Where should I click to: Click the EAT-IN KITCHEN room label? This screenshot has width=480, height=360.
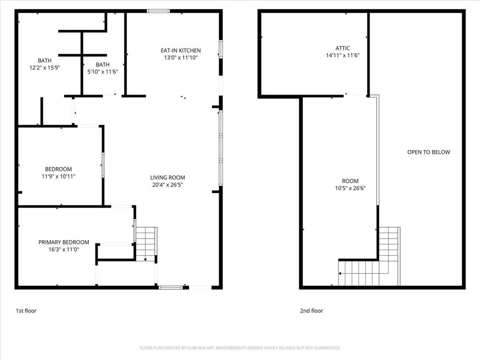click(x=180, y=51)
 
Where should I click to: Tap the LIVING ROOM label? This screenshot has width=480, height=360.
click(x=167, y=178)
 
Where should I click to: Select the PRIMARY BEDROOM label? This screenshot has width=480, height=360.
click(x=64, y=242)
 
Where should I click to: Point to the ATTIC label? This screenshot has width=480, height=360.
click(x=343, y=48)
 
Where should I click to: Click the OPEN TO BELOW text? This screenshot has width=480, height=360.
click(x=428, y=152)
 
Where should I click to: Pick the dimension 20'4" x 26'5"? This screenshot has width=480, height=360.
click(x=167, y=185)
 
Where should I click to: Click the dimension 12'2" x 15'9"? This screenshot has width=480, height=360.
click(x=45, y=67)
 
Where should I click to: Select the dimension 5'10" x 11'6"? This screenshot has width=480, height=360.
click(x=103, y=72)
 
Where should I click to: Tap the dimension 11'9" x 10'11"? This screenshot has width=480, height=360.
click(x=59, y=176)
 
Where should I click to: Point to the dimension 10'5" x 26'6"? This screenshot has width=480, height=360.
click(x=350, y=188)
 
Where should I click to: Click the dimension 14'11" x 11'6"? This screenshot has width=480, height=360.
click(x=343, y=55)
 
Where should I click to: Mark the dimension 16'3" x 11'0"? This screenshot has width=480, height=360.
click(x=64, y=249)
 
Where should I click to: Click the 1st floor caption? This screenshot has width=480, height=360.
click(x=26, y=311)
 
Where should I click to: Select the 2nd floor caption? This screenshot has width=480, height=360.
click(x=311, y=311)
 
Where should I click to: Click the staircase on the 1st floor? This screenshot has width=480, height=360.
click(x=146, y=244)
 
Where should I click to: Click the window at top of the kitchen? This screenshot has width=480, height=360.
click(x=158, y=11)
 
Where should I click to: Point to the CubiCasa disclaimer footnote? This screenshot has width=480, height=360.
click(x=240, y=348)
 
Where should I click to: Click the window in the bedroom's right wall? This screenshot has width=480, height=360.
click(x=103, y=165)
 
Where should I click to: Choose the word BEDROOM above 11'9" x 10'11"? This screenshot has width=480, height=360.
click(x=59, y=169)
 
